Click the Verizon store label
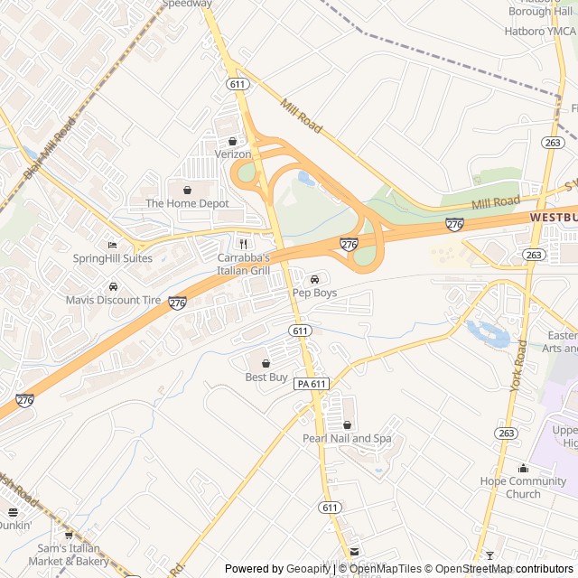click(x=233, y=154)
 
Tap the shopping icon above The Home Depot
click(x=187, y=190)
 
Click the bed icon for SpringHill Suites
click(x=112, y=245)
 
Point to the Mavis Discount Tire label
click(x=112, y=300)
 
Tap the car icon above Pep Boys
click(x=314, y=279)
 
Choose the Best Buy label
click(x=266, y=377)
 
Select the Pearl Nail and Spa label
click(x=347, y=439)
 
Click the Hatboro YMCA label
click(x=539, y=32)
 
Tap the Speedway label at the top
click(x=187, y=4)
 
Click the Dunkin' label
click(x=14, y=525)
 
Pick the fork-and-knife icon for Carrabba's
click(x=242, y=244)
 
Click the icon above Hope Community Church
click(x=523, y=468)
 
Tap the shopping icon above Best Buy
click(x=266, y=363)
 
